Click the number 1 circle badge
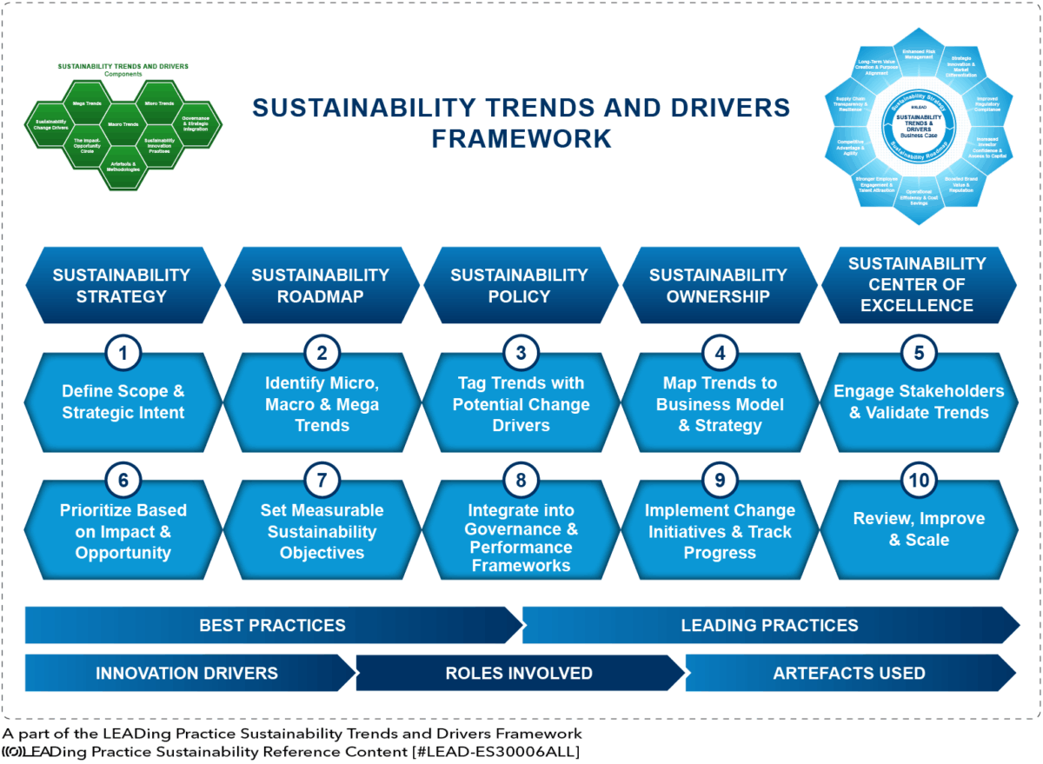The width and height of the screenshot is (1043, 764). pos(123,353)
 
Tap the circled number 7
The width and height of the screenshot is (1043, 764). pos(322,480)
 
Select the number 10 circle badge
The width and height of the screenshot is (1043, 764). pos(919,480)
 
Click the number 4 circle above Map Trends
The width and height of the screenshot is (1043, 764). pos(720,353)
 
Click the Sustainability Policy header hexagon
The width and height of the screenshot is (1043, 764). pos(520,285)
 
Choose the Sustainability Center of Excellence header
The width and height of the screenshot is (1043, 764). pos(917,285)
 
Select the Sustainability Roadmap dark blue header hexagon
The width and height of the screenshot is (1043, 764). pos(321,285)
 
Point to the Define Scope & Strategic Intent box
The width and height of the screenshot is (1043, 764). pos(123,402)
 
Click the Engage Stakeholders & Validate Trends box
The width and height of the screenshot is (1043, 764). pos(919,402)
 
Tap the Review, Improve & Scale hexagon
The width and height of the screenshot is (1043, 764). pos(919,529)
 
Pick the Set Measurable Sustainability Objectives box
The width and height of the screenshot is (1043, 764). pos(322,531)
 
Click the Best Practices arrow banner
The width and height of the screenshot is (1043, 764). pos(272,625)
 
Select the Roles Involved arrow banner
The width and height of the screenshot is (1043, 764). pos(519,673)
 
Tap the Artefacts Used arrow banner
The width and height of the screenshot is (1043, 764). pos(848,673)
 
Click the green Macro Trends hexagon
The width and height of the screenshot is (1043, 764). pos(123,124)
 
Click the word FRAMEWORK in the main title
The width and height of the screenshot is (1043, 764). pos(521,138)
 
